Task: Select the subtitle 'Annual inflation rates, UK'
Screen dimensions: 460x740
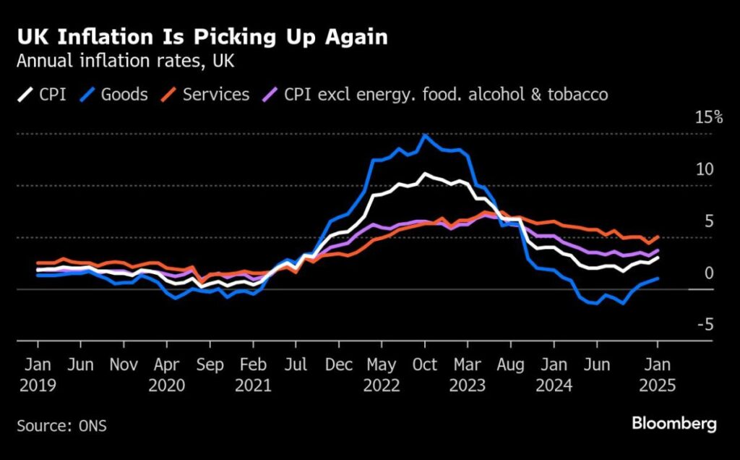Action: (x=125, y=61)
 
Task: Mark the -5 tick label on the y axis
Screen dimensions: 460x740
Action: (x=705, y=325)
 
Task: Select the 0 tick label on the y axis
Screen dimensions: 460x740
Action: (x=709, y=273)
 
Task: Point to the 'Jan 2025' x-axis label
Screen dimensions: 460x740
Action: (x=657, y=375)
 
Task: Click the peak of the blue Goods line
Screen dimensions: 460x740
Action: (x=425, y=135)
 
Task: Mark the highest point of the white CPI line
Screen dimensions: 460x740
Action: (x=425, y=174)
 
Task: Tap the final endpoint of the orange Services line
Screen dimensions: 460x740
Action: (x=658, y=237)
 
